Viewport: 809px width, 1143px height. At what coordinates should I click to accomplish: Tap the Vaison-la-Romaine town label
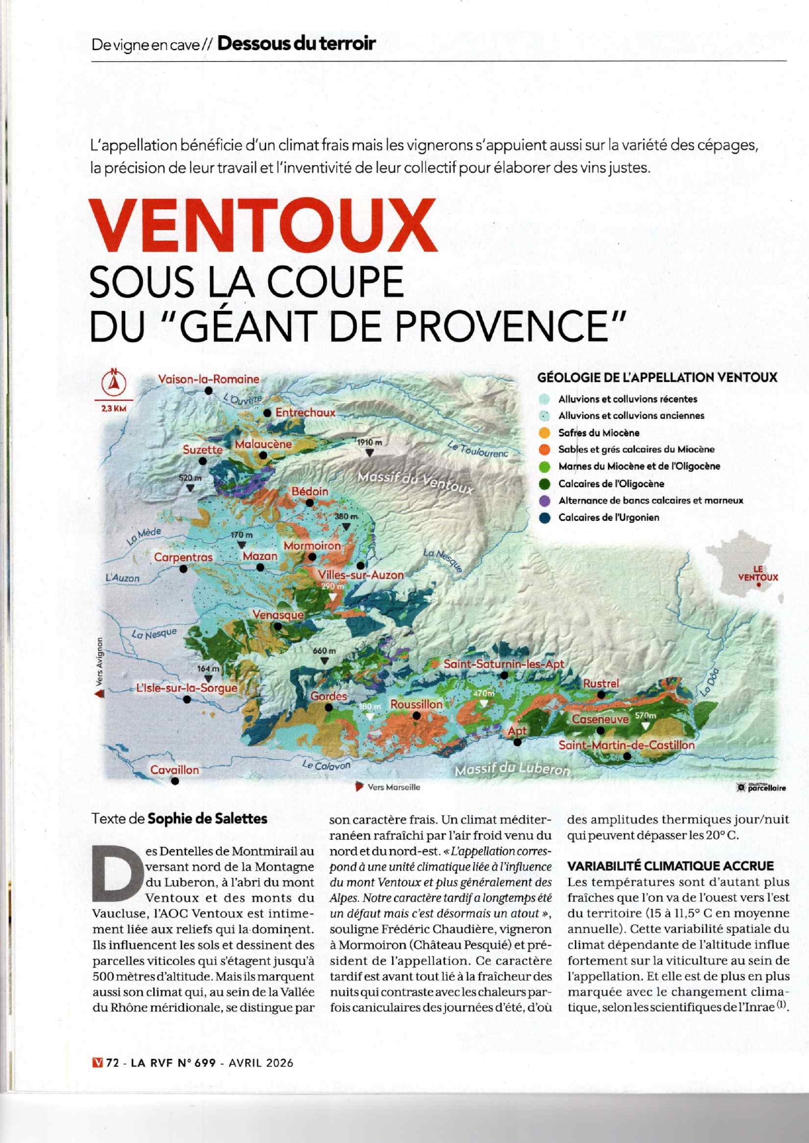[208, 379]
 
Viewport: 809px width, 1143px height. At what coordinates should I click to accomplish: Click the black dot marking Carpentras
[183, 569]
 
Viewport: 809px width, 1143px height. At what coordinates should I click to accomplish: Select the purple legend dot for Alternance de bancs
[545, 501]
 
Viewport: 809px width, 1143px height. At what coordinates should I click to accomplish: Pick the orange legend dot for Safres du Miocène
[545, 432]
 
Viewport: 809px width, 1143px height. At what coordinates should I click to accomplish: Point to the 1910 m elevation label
[369, 443]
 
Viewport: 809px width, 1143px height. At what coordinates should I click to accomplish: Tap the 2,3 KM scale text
[114, 409]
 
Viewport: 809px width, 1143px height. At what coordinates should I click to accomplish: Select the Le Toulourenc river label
[478, 449]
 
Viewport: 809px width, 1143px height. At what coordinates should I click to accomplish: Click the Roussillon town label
[416, 704]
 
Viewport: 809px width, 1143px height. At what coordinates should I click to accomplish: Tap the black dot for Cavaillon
[175, 781]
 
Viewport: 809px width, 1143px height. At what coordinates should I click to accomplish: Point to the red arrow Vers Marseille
[359, 786]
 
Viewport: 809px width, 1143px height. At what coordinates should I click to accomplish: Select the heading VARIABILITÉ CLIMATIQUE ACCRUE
[671, 866]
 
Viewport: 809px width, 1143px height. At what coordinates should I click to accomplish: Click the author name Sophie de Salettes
[207, 818]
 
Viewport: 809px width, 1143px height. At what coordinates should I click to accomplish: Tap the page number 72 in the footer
[113, 1063]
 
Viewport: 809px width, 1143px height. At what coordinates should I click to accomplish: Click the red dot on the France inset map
[759, 585]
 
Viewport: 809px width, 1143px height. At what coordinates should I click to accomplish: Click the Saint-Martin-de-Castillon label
[626, 745]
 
